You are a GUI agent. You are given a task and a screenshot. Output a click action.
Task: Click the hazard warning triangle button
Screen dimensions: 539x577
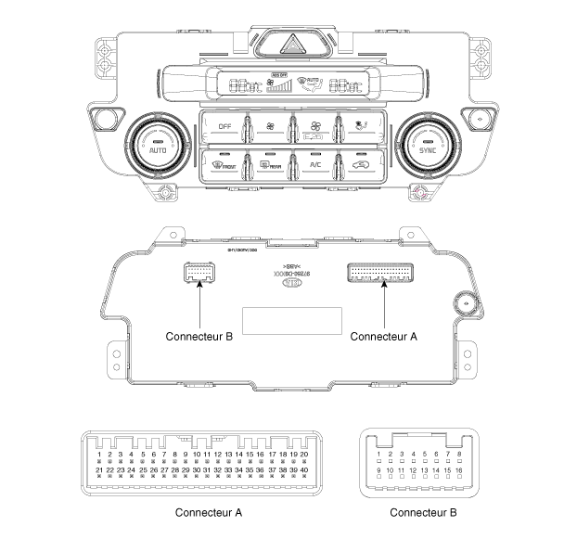[x=288, y=43]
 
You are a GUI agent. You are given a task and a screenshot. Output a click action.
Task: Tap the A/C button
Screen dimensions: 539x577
[x=315, y=166]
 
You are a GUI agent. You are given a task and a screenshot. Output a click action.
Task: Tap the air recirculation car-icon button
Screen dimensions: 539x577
[x=359, y=166]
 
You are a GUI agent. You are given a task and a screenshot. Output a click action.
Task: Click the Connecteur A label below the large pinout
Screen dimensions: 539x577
[x=209, y=511]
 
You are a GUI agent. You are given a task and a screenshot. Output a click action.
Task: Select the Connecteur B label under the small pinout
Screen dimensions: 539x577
[x=423, y=511]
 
